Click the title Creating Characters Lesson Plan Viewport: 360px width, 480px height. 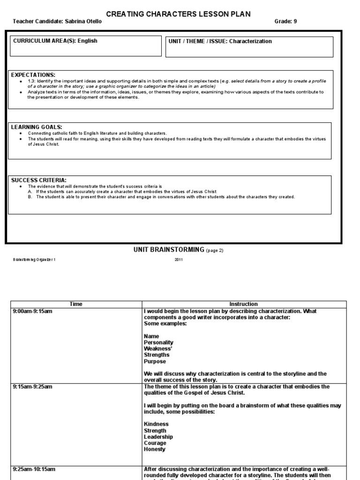coord(178,14)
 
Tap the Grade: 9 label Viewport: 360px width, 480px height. coord(285,22)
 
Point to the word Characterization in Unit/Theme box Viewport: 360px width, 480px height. coord(250,41)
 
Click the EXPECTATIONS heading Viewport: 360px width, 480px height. coord(33,75)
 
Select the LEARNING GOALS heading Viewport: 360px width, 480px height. coord(36,127)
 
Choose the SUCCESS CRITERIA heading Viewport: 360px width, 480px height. coord(39,180)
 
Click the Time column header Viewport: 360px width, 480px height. coord(76,304)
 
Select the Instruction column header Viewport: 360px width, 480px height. coord(243,304)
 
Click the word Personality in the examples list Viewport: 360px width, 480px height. coord(159,343)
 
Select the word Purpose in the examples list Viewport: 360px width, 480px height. coord(155,361)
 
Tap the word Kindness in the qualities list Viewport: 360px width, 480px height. coord(157,424)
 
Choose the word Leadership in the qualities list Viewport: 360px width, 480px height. coord(158,437)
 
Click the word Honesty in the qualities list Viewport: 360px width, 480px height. coord(155,449)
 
